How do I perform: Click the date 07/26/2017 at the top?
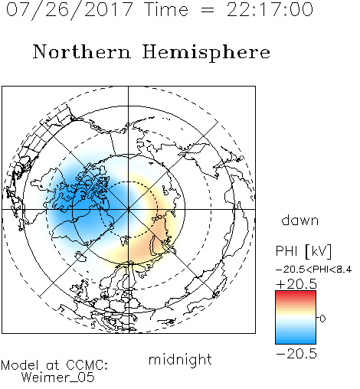[x=70, y=10]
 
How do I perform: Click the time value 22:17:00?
[x=270, y=9]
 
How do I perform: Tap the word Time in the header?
[x=166, y=9]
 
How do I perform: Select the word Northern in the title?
[x=82, y=51]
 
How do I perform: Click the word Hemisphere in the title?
[x=206, y=53]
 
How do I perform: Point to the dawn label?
[x=300, y=220]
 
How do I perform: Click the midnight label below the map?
[x=180, y=359]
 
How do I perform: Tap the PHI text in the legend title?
[x=286, y=251]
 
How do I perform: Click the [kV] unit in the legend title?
[x=319, y=251]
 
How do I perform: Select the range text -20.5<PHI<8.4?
[x=314, y=270]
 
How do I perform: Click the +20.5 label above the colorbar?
[x=296, y=284]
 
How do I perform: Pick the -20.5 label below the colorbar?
[x=296, y=354]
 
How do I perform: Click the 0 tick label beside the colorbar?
[x=322, y=319]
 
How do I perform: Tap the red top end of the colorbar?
[x=296, y=293]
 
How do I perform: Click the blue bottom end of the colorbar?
[x=296, y=341]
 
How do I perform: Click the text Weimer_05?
[x=58, y=377]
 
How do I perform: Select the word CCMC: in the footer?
[x=87, y=364]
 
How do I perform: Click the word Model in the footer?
[x=20, y=364]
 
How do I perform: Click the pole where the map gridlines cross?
[x=129, y=209]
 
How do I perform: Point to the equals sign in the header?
[x=208, y=10]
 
